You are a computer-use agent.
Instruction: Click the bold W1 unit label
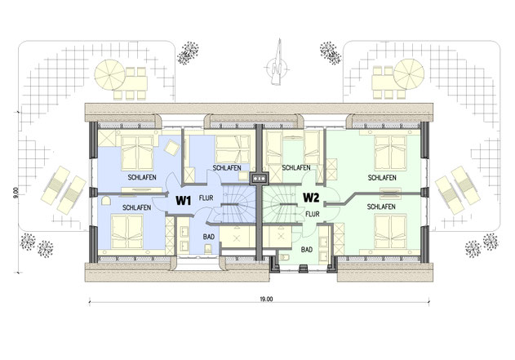[x=184, y=200]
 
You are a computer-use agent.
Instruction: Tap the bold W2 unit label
[x=311, y=198]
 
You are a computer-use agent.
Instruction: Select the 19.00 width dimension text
[x=266, y=299]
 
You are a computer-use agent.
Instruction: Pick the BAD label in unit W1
[x=209, y=237]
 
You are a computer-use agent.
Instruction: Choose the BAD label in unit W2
[x=307, y=250]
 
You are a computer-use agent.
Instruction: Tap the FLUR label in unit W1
[x=206, y=198]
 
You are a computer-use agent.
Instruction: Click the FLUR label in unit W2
[x=313, y=214]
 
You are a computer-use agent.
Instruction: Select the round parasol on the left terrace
[x=109, y=74]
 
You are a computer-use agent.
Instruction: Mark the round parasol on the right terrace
[x=409, y=74]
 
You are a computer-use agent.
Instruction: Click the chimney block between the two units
[x=260, y=178]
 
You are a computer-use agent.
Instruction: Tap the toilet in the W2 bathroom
[x=284, y=256]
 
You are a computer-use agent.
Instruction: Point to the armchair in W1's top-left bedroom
[x=172, y=147]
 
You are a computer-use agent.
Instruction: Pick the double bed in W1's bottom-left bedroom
[x=127, y=232]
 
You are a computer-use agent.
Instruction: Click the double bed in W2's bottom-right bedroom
[x=390, y=232]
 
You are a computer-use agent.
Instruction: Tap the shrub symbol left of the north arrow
[x=189, y=53]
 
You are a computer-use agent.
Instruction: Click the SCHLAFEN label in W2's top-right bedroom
[x=382, y=178]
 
